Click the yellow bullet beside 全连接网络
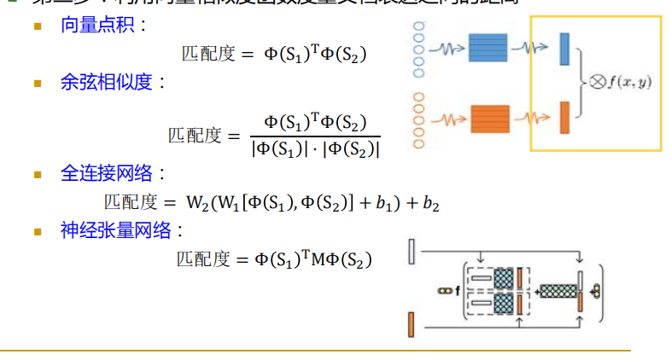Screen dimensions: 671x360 click(x=38, y=174)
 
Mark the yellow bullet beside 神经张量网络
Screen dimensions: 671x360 click(x=38, y=230)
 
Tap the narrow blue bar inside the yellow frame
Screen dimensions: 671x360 click(x=564, y=49)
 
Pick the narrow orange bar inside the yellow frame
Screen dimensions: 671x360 click(x=564, y=117)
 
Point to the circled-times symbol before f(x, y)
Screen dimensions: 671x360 click(x=596, y=83)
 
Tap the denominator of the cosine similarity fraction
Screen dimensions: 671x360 click(x=315, y=148)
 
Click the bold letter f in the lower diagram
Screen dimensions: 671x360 click(x=457, y=291)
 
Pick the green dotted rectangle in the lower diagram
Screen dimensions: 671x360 click(x=559, y=290)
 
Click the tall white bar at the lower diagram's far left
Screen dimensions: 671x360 click(x=411, y=251)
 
